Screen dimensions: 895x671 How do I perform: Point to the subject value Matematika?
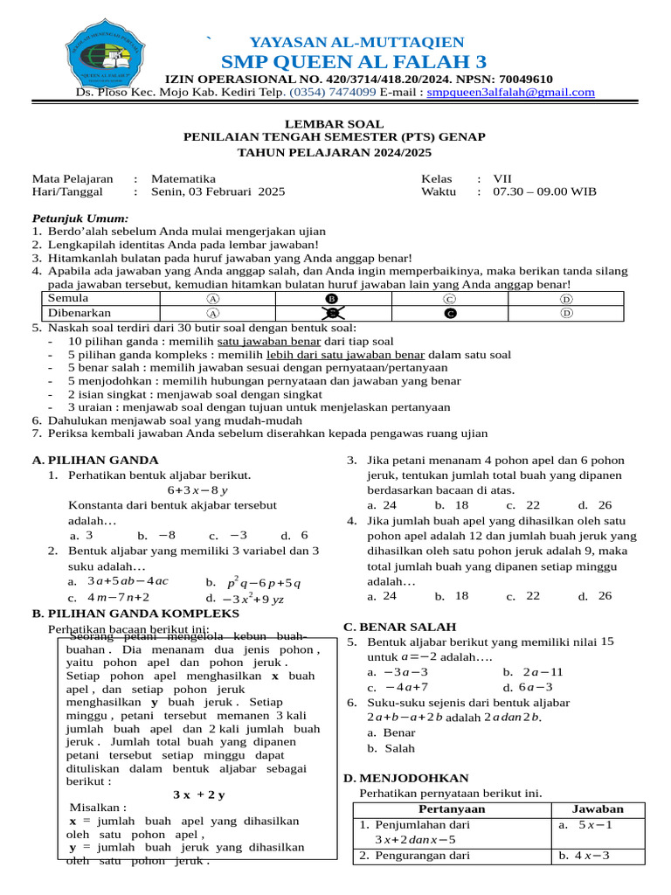pyautogui.click(x=183, y=177)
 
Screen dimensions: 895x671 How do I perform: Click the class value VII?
pyautogui.click(x=503, y=177)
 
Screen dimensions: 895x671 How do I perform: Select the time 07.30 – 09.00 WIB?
pyautogui.click(x=545, y=191)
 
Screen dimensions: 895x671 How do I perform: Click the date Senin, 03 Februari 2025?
pyautogui.click(x=218, y=191)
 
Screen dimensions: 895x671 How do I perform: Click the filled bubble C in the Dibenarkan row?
pyautogui.click(x=449, y=313)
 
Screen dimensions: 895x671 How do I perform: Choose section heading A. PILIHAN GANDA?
pyautogui.click(x=94, y=460)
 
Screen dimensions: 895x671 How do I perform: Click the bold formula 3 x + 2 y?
pyautogui.click(x=199, y=794)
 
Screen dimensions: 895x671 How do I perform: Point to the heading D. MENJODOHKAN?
pyautogui.click(x=406, y=778)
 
